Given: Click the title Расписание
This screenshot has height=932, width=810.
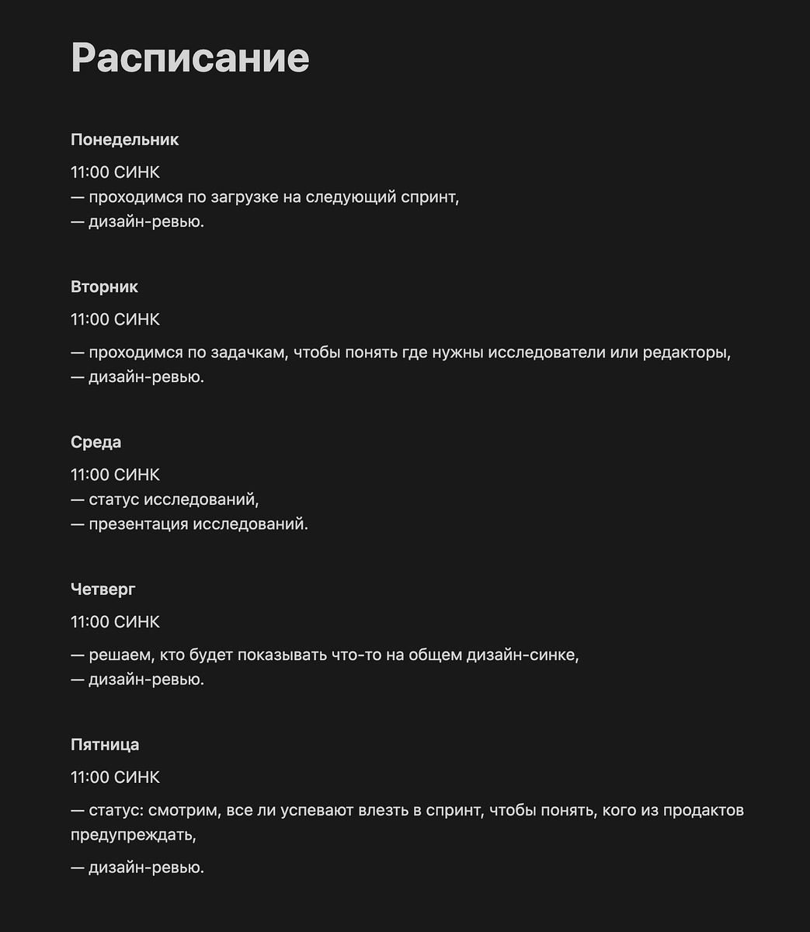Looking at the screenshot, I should point(189,57).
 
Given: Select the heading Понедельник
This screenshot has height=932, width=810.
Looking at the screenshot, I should point(124,140).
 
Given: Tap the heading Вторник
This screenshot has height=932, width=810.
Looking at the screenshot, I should point(104,287).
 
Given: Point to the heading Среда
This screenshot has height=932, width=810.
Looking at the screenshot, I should point(96,442).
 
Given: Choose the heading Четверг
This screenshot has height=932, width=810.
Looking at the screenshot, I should point(103,589).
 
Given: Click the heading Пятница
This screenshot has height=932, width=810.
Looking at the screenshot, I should point(105,745).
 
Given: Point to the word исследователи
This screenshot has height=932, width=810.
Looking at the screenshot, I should point(546,353).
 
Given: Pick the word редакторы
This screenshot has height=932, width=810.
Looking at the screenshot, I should point(682,353).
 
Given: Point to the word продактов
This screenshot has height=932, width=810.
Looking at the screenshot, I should point(704,811).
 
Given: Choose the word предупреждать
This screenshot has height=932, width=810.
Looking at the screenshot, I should point(132,836).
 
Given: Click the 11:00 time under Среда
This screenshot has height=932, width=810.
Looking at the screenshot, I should point(89,475).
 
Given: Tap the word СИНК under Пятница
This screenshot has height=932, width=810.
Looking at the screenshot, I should point(137,777).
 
